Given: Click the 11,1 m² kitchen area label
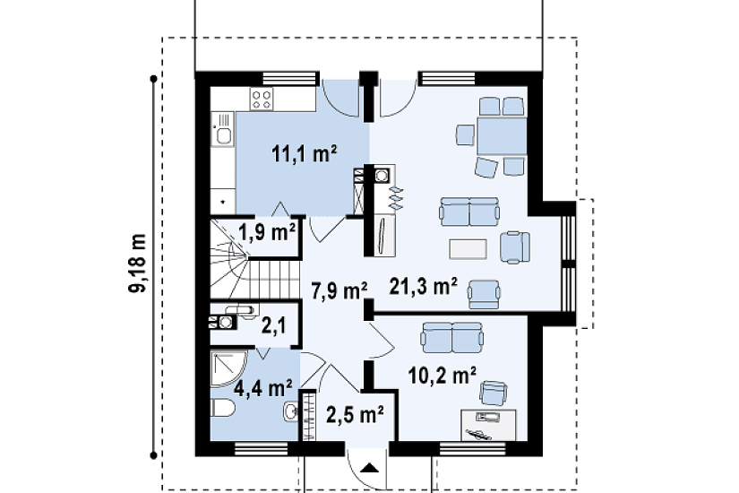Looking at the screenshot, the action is [304, 154].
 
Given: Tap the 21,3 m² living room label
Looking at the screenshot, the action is [423, 286].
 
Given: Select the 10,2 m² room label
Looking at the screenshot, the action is [442, 376].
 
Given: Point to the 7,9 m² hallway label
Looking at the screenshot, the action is [339, 290].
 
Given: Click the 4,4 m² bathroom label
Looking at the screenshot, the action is [263, 388].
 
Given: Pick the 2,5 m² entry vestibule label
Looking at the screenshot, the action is [355, 415].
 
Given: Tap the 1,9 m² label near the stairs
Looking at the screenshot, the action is [267, 231].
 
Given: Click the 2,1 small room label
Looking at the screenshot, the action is [273, 326].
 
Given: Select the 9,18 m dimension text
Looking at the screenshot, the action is [138, 263].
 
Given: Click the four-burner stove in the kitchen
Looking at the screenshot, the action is [262, 99].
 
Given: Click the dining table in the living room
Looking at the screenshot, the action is [502, 136].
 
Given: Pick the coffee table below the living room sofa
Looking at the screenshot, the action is [468, 249].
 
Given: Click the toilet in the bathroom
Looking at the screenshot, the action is [222, 408].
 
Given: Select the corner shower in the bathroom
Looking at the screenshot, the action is [228, 369].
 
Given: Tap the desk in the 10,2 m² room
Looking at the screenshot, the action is [488, 425].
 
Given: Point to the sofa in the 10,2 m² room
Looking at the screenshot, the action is [452, 338].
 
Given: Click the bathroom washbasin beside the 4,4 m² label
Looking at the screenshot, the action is [290, 411].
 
